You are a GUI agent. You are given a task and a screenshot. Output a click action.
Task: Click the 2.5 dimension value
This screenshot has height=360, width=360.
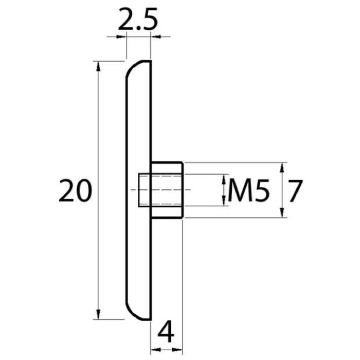[138, 19]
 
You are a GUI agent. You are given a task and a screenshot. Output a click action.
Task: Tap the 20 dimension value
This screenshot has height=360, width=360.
[75, 191]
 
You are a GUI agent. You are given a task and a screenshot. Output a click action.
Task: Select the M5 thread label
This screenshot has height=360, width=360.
[248, 191]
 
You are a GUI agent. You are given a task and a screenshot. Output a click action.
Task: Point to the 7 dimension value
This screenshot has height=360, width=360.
[296, 191]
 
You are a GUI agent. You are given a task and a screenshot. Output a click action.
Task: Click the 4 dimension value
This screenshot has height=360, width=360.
[166, 334]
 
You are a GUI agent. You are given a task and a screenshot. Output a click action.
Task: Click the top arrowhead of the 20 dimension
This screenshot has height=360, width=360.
[98, 66]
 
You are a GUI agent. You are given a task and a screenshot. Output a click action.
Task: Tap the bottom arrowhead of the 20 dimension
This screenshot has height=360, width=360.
[98, 314]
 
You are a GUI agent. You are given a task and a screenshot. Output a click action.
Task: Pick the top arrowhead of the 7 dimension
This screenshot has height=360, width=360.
[282, 167]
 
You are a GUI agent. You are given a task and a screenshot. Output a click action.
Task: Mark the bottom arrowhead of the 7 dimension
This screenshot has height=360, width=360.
[282, 212]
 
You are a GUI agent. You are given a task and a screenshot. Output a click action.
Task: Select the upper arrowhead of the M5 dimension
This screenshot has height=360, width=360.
[224, 179]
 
